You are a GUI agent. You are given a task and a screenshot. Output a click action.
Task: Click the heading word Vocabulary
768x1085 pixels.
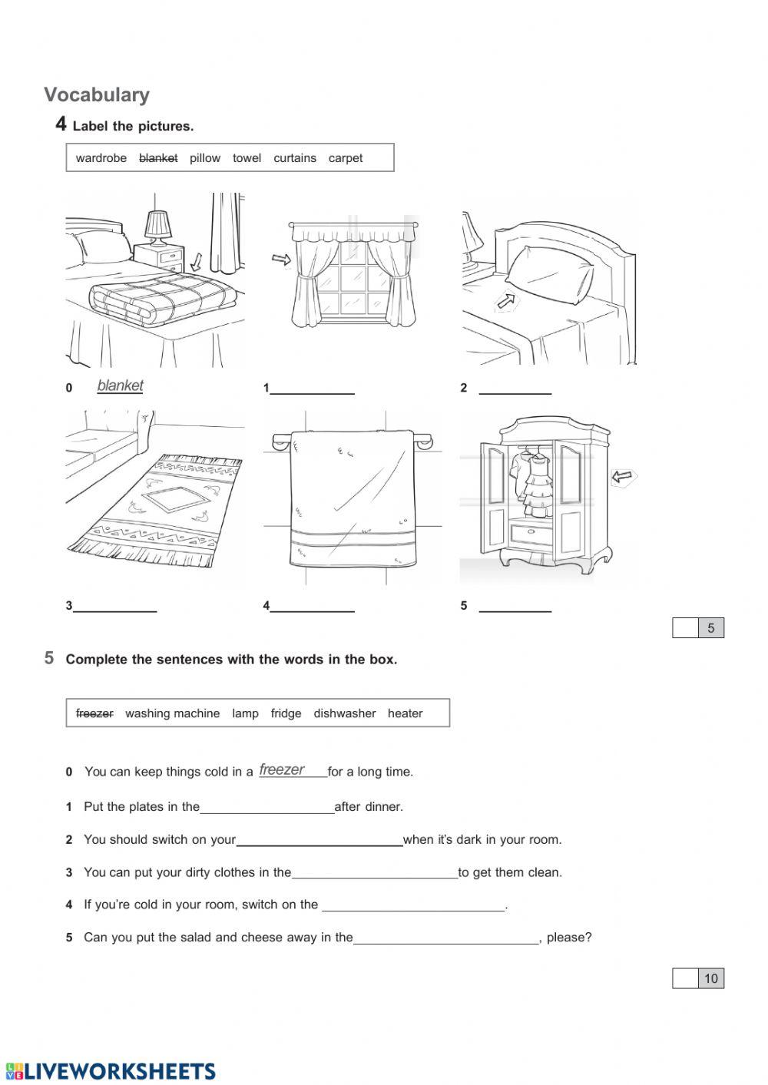coord(97,94)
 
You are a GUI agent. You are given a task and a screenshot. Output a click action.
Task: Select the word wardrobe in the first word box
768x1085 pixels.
coord(101,158)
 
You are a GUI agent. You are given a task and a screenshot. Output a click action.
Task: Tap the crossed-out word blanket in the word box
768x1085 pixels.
coord(158,158)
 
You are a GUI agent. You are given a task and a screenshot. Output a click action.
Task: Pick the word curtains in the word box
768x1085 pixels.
coord(295,158)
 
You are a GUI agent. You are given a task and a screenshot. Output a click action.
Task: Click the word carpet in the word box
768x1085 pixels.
coord(346,158)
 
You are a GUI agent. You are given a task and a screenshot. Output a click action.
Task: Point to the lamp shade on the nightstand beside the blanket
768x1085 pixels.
coord(158,224)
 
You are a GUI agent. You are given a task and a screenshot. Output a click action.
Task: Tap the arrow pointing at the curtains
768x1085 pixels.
coord(282,260)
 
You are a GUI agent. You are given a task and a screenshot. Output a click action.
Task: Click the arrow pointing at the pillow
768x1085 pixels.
coord(506,300)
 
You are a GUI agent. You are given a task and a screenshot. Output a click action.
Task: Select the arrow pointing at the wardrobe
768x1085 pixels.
coord(624,478)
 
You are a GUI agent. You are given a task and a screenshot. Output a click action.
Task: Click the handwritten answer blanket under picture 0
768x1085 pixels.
coord(121,385)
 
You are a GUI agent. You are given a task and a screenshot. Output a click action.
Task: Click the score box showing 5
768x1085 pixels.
coord(710,628)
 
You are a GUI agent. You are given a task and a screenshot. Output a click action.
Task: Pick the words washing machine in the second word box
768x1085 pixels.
coord(172,713)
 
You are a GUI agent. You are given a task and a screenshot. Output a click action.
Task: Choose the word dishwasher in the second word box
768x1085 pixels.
coord(344,713)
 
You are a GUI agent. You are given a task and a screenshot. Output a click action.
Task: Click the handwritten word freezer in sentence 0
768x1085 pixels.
coord(282,769)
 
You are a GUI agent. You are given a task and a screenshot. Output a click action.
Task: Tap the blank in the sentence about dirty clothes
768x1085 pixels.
coord(375,872)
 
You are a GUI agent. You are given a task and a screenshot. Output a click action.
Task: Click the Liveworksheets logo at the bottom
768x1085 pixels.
coord(111,1071)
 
